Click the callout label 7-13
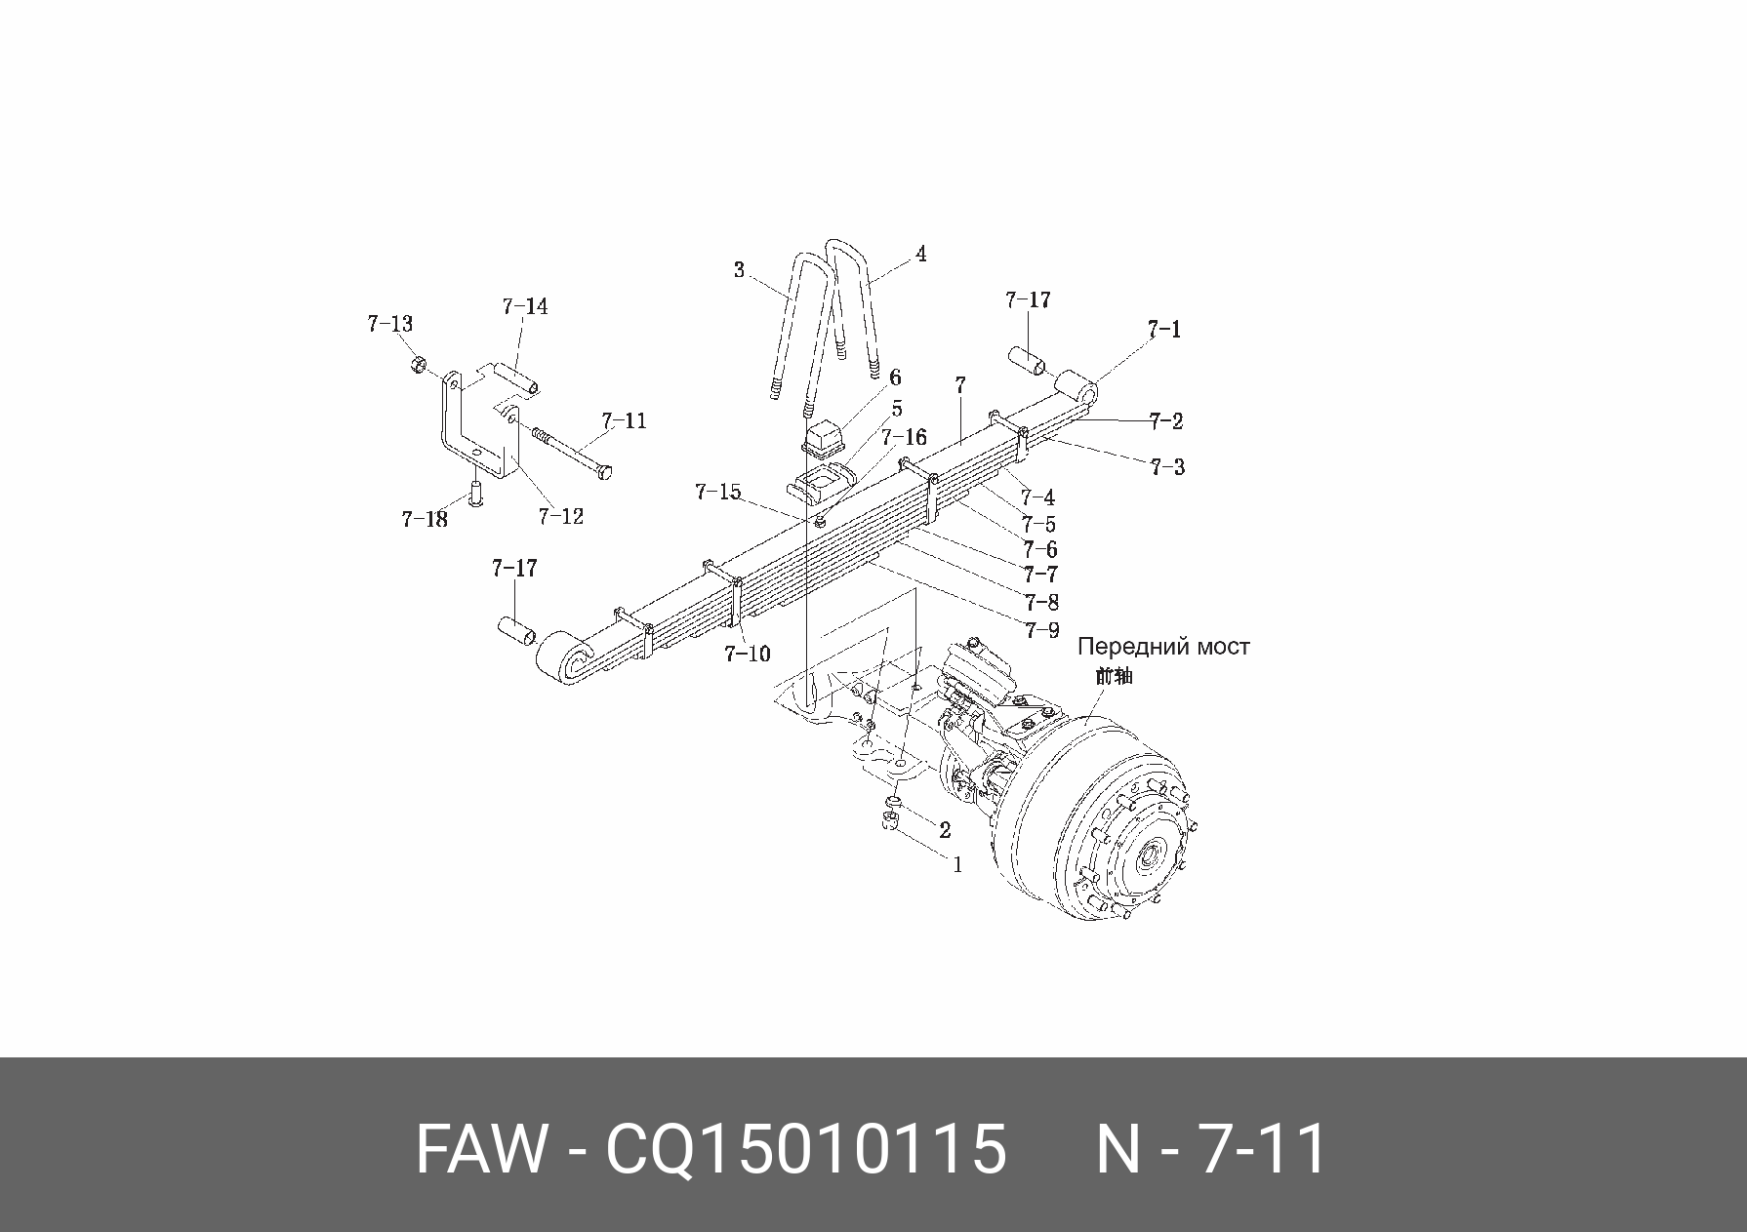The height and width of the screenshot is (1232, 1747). pyautogui.click(x=389, y=324)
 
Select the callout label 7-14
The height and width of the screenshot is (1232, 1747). pyautogui.click(x=525, y=307)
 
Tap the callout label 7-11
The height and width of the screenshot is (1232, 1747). pyautogui.click(x=624, y=421)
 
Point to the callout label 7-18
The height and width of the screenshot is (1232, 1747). pyautogui.click(x=425, y=519)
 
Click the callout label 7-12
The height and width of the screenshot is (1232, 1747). pyautogui.click(x=560, y=516)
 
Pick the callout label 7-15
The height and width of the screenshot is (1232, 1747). pyautogui.click(x=718, y=493)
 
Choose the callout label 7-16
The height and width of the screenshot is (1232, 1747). pyautogui.click(x=904, y=438)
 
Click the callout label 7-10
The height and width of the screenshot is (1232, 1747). pyautogui.click(x=747, y=654)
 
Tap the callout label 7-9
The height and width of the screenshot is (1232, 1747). pyautogui.click(x=1041, y=630)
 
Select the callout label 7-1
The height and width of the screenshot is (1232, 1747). pyautogui.click(x=1163, y=330)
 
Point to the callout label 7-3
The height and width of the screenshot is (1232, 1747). pyautogui.click(x=1167, y=467)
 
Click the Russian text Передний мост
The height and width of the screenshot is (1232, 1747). pyautogui.click(x=1163, y=647)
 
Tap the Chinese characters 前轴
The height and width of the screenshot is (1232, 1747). pyautogui.click(x=1114, y=675)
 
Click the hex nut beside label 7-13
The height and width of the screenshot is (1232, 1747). pyautogui.click(x=416, y=365)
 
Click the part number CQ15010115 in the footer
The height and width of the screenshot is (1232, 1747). pyautogui.click(x=805, y=1148)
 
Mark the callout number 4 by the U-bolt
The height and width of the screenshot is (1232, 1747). pyautogui.click(x=919, y=255)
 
